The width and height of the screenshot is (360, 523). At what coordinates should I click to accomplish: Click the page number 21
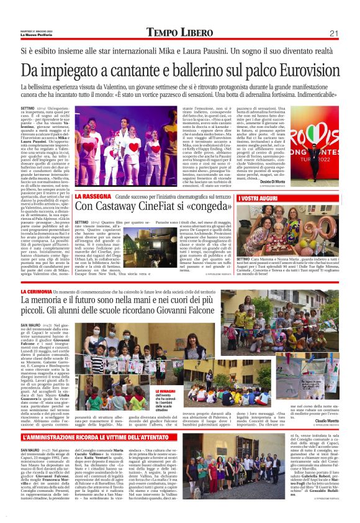tap(334, 33)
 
